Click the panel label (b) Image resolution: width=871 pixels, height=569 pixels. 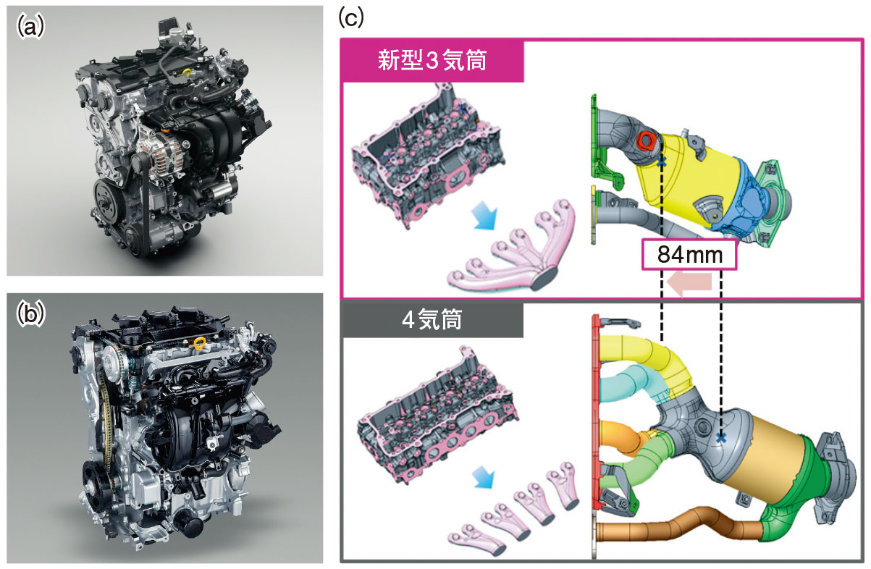tap(30, 314)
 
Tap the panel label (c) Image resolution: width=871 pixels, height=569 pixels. tap(351, 18)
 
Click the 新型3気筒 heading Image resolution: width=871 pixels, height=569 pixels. tap(432, 60)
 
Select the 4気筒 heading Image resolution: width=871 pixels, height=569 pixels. tap(432, 320)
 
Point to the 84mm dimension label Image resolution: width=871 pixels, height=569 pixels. tap(689, 255)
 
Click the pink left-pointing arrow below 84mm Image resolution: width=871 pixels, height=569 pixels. tap(689, 282)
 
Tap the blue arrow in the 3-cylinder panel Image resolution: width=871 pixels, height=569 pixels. tap(484, 215)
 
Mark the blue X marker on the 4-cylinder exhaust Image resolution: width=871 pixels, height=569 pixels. tap(721, 438)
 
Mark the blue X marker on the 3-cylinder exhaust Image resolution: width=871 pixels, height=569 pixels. tap(662, 161)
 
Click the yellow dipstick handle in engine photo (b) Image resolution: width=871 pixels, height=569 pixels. tap(201, 345)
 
